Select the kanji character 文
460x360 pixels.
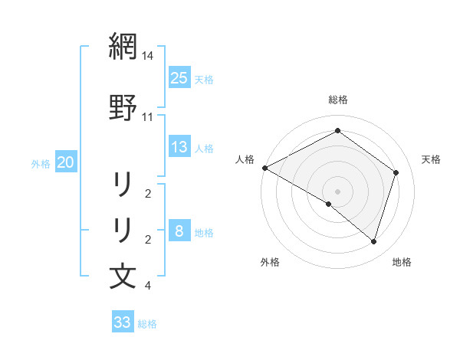click(x=123, y=276)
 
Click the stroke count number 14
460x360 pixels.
click(x=148, y=56)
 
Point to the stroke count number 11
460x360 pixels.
click(x=148, y=117)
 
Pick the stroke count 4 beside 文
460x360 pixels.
click(x=148, y=286)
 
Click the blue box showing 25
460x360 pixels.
click(x=179, y=77)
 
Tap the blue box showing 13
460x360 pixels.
click(x=179, y=147)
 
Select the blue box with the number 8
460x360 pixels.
click(x=179, y=231)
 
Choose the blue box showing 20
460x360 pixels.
click(x=66, y=162)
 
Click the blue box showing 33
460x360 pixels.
click(x=123, y=322)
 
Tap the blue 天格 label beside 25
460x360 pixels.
click(x=204, y=79)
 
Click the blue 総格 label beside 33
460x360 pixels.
click(x=147, y=324)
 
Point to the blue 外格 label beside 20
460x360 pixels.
click(x=41, y=164)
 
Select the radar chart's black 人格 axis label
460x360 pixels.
click(x=245, y=159)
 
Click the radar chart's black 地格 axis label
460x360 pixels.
click(x=402, y=263)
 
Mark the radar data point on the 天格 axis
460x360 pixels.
click(x=396, y=172)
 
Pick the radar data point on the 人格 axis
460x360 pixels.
click(x=264, y=168)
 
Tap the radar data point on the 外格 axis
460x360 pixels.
click(x=329, y=204)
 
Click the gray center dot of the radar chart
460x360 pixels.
click(x=337, y=191)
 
